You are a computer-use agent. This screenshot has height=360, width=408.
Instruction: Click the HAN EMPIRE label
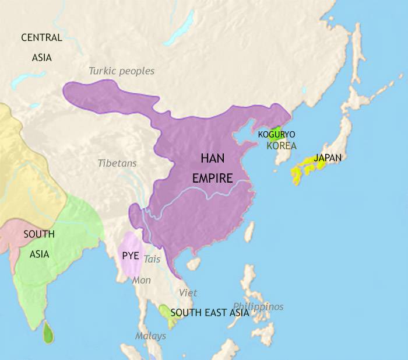coord(216,168)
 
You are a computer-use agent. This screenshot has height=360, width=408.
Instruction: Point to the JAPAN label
coord(327,158)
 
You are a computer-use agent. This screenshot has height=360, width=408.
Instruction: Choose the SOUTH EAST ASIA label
coord(210,313)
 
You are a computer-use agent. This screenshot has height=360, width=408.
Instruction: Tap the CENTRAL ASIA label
coord(41,47)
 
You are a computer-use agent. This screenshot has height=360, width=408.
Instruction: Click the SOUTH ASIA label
coord(39,244)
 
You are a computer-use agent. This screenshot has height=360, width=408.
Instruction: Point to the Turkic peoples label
coord(121,71)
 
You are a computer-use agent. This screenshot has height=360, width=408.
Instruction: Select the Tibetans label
coord(117,163)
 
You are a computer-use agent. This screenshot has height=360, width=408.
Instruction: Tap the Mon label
coord(142,281)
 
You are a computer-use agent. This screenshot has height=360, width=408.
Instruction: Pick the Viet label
coord(188,293)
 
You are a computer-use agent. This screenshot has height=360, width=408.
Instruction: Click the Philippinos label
coord(258,306)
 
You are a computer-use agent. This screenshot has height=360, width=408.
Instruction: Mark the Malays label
coord(150,336)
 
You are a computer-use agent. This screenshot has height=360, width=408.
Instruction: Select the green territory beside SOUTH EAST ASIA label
coord(164,315)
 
